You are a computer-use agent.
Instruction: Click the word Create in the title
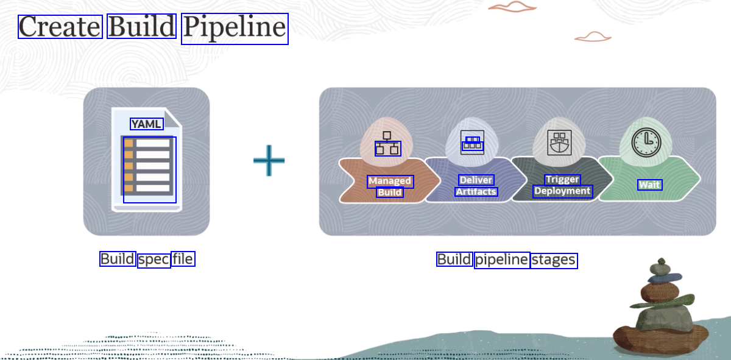tap(60, 27)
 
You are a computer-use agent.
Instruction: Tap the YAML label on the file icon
tap(147, 124)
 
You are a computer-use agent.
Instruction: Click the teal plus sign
tap(269, 160)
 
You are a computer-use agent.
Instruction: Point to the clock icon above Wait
tap(646, 141)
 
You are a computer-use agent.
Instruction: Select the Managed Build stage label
tap(390, 186)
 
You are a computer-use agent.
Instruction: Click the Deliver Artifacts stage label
tap(476, 186)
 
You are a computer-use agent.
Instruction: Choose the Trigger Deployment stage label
tap(562, 185)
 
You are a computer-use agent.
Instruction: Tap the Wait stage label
tap(649, 185)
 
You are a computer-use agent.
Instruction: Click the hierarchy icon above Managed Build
tap(387, 143)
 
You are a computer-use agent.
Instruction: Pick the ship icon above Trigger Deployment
tap(559, 143)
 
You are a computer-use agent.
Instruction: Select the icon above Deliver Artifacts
tap(473, 143)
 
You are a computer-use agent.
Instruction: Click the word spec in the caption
tap(154, 259)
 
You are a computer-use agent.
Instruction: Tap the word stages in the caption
tap(554, 260)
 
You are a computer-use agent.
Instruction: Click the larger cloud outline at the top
tap(513, 7)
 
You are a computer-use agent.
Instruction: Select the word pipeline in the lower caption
tap(502, 260)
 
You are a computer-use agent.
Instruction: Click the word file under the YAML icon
tap(183, 259)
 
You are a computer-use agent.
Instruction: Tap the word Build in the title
tap(141, 27)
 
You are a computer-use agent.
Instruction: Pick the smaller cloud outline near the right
tap(593, 37)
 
